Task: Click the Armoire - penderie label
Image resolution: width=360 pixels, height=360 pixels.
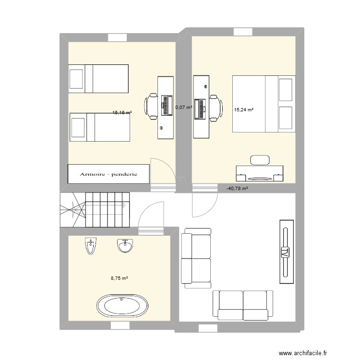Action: point(109,174)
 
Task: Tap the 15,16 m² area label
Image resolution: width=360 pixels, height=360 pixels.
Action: point(122,113)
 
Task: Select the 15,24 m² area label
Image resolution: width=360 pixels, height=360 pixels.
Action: point(243,110)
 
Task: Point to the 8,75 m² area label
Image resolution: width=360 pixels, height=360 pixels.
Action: point(120,278)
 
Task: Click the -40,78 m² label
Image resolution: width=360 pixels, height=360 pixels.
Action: point(237,189)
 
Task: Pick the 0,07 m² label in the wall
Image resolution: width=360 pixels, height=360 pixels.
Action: point(184,108)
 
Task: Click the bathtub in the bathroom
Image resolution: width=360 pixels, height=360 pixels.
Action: point(122,306)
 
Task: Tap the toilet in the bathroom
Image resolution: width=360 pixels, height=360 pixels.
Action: point(90,246)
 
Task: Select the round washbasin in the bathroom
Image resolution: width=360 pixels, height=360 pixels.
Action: point(125,246)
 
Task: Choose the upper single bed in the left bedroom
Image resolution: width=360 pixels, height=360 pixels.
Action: point(98,78)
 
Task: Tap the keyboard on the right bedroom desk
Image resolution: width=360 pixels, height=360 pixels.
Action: point(201,108)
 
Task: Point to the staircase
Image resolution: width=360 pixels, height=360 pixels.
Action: point(95,210)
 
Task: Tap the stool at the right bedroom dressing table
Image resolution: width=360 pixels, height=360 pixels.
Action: point(260,160)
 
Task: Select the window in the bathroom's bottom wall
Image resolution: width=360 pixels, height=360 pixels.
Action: point(120,325)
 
